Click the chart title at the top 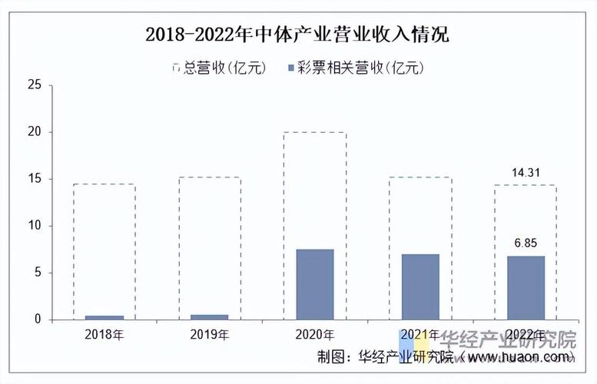pyautogui.click(x=297, y=35)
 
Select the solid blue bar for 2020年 pyautogui.click(x=315, y=283)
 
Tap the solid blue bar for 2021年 pyautogui.click(x=420, y=286)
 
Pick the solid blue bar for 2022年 pyautogui.click(x=526, y=287)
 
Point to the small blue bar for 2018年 pyautogui.click(x=104, y=317)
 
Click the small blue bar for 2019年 pyautogui.click(x=210, y=316)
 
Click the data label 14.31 pyautogui.click(x=526, y=174)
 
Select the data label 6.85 pyautogui.click(x=526, y=243)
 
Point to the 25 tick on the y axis pyautogui.click(x=35, y=85)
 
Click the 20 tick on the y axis pyautogui.click(x=35, y=132)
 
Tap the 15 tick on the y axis pyautogui.click(x=35, y=179)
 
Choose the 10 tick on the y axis pyautogui.click(x=35, y=226)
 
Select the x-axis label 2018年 pyautogui.click(x=104, y=335)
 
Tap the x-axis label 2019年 pyautogui.click(x=210, y=335)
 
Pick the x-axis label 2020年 pyautogui.click(x=315, y=335)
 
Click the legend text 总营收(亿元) pyautogui.click(x=225, y=68)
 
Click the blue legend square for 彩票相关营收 pyautogui.click(x=290, y=68)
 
